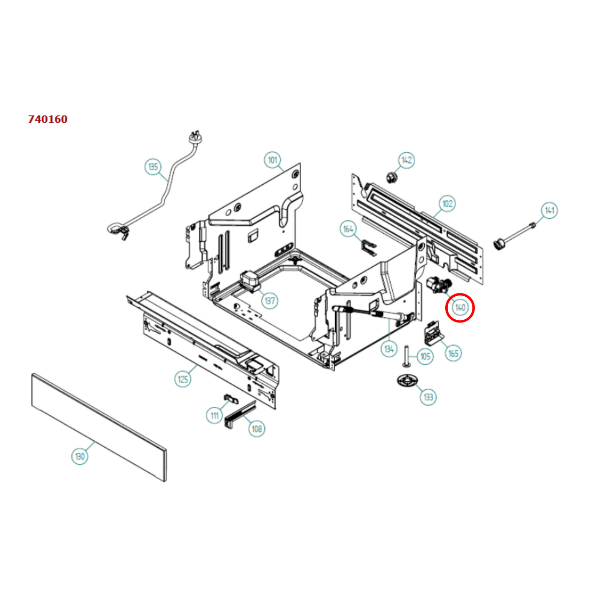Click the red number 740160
(x=48, y=119)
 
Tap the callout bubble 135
(x=153, y=167)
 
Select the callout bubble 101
(x=272, y=160)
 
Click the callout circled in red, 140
(x=460, y=307)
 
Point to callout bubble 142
(x=406, y=160)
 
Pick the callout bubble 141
(x=549, y=211)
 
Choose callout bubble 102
(x=447, y=204)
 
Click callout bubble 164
(x=348, y=229)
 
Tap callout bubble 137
(x=270, y=301)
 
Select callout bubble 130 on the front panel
(x=80, y=456)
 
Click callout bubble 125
(x=183, y=379)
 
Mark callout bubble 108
(x=256, y=429)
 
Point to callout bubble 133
(x=428, y=397)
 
